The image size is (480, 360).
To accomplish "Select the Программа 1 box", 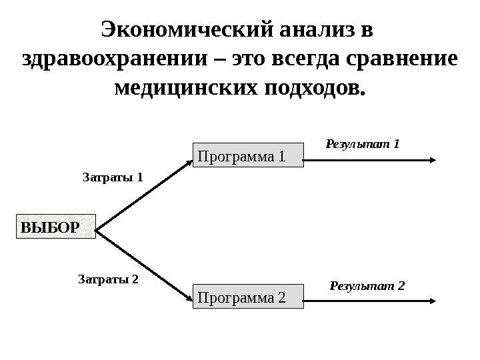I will tap(248, 157).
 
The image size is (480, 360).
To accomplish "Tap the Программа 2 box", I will tap(248, 297).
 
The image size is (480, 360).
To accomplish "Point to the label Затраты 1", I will tap(113, 177).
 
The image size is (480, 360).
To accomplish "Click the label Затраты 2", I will tap(109, 280).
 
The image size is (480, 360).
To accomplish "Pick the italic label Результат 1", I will tap(362, 143).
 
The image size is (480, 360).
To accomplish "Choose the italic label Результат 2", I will tap(367, 286).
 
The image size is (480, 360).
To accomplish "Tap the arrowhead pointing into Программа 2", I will tap(187, 298).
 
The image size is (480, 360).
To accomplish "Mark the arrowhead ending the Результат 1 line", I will tap(433, 160).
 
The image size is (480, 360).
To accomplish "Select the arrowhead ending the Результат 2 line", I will tap(433, 302).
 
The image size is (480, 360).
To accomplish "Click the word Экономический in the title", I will tap(183, 30).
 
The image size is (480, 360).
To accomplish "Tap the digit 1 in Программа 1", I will tap(281, 157).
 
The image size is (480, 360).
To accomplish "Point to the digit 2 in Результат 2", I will tap(401, 286).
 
